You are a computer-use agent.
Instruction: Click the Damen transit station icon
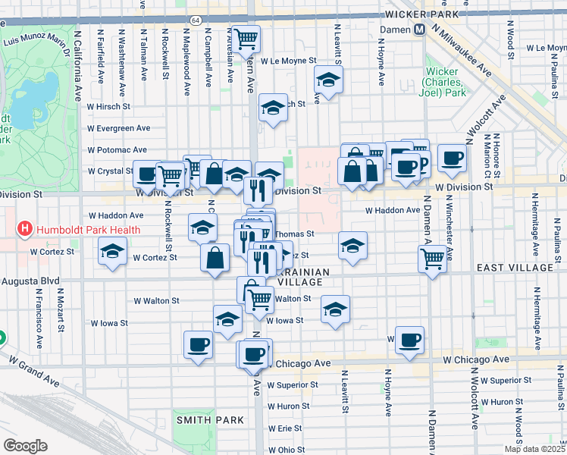tap(418, 30)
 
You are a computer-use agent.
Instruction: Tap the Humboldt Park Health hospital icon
tap(25, 227)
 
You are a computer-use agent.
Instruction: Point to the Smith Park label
tap(210, 419)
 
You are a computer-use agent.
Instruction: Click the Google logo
tap(25, 446)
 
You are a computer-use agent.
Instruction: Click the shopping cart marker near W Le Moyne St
tap(246, 39)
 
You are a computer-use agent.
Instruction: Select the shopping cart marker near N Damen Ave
tap(432, 259)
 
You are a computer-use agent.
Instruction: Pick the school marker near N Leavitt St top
tap(328, 80)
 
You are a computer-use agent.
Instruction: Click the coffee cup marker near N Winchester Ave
tap(453, 158)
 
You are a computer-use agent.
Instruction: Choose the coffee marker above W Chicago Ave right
tap(409, 340)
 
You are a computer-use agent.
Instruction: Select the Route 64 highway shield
tap(196, 19)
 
